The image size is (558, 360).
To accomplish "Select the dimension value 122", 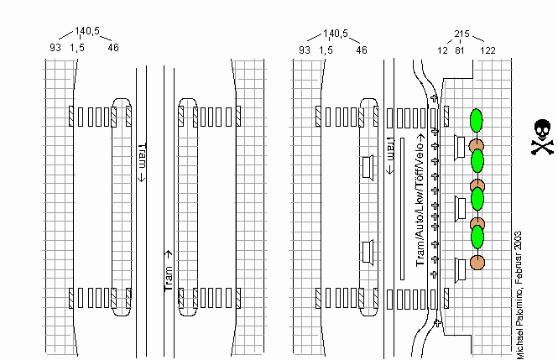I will [488, 50].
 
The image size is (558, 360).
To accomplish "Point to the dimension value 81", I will [460, 50].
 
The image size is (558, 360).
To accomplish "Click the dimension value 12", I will [442, 50].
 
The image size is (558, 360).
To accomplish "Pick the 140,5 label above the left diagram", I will [87, 33].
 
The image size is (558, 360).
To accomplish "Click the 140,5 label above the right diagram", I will [336, 34].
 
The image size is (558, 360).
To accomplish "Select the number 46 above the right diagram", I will [362, 50].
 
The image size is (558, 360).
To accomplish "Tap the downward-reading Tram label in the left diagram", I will [143, 162].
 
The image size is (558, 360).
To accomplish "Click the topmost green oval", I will [477, 120].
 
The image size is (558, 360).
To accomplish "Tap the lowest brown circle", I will [477, 262].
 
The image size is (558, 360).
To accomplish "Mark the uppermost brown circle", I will [477, 145].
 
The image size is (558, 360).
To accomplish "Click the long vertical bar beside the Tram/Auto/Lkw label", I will [403, 208].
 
